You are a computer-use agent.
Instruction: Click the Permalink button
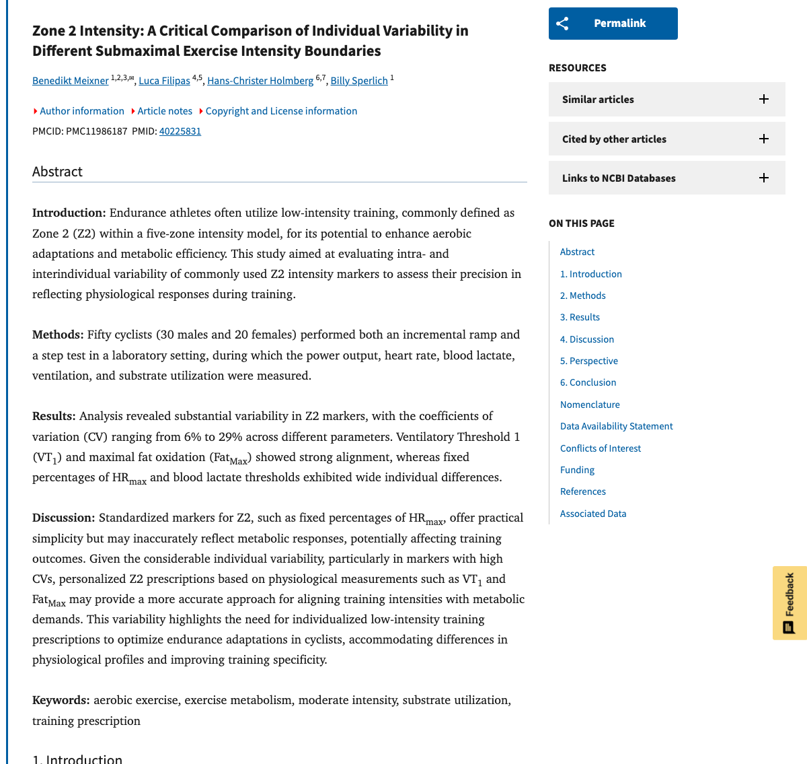pos(613,24)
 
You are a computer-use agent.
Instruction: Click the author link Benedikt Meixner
pos(70,81)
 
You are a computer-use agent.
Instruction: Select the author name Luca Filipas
pos(164,81)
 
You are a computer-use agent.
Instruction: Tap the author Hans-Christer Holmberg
pos(260,81)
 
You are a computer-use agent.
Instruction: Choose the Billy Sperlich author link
pos(359,81)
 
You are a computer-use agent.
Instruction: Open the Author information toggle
pos(81,111)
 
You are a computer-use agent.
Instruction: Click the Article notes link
pos(165,111)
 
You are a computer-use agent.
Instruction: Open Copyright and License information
pos(281,111)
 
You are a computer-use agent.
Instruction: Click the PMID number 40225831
pos(180,131)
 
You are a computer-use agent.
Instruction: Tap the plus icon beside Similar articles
pos(764,100)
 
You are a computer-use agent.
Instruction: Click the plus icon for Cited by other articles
pos(764,139)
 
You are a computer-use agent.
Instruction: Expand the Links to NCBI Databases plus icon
pos(764,178)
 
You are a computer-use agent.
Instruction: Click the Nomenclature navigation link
pos(590,405)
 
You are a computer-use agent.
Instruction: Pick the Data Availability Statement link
pos(616,426)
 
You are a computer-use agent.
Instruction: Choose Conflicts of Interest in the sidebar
pos(600,448)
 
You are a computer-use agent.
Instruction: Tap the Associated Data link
pos(592,514)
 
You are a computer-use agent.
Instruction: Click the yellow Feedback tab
pos(790,602)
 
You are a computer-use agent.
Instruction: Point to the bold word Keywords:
pos(61,700)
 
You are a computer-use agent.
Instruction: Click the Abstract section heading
pos(57,172)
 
